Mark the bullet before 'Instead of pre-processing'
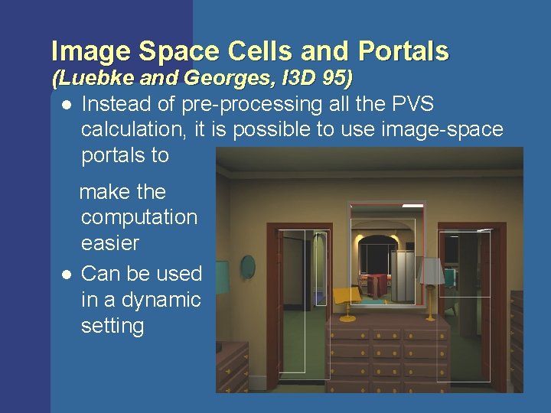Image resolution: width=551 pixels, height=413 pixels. [67, 104]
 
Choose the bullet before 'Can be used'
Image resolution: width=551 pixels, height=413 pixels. [67, 274]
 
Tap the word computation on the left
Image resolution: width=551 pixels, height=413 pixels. [139, 217]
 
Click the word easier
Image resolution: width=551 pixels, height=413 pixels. [110, 243]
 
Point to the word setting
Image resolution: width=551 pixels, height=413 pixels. [112, 326]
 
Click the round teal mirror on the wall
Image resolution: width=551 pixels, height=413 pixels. [249, 267]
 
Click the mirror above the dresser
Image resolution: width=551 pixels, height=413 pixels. [387, 252]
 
